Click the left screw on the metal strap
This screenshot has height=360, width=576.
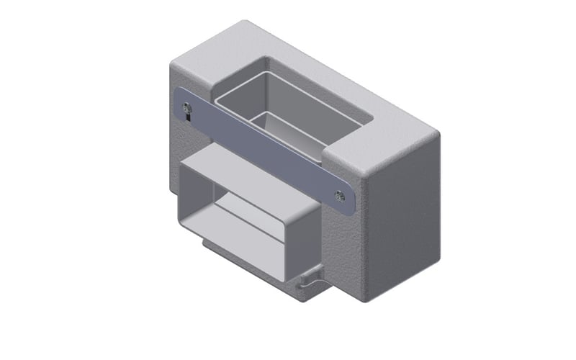coord(187,108)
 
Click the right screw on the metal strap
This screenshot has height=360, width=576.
coord(340,194)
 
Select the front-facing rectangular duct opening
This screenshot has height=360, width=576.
coord(245,230)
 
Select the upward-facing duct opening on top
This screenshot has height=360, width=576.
coord(288,115)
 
